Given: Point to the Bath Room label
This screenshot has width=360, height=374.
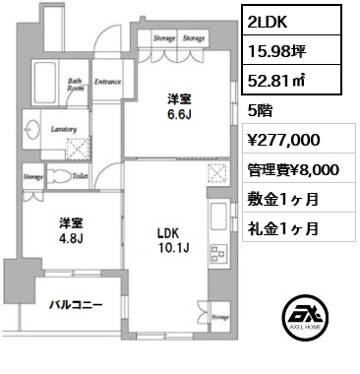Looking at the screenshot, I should click(74, 85).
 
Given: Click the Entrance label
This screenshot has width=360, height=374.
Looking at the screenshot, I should click(106, 83).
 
